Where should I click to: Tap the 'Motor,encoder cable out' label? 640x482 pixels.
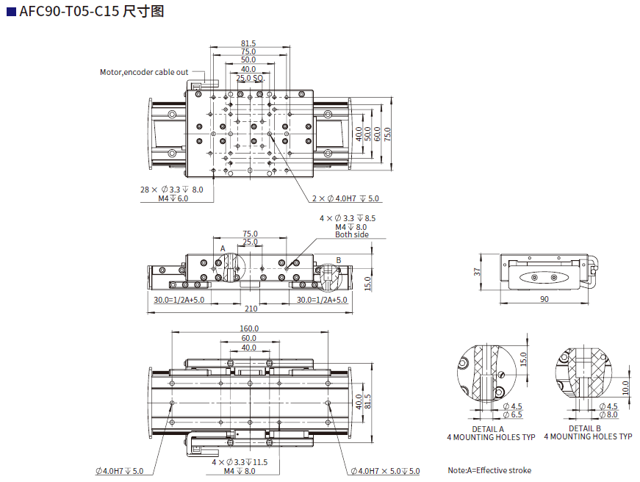click(x=144, y=72)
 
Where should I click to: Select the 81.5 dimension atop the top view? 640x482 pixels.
click(x=248, y=43)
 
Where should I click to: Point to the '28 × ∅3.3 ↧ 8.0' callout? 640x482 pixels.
click(x=172, y=190)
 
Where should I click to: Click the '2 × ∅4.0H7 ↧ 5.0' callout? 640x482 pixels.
click(x=345, y=198)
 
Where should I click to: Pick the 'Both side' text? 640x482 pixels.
click(x=352, y=235)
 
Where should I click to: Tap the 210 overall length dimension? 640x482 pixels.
click(x=251, y=309)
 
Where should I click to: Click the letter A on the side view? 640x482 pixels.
click(x=222, y=248)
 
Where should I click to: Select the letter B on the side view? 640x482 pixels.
click(x=339, y=259)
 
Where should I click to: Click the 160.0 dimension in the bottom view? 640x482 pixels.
click(x=248, y=328)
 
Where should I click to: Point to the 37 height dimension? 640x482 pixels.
click(x=477, y=272)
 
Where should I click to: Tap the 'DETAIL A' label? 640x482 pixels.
click(x=488, y=428)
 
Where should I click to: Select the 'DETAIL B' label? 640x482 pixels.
click(x=585, y=428)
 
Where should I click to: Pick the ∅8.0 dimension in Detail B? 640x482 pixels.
click(x=609, y=415)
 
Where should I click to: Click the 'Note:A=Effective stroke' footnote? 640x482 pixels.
click(x=489, y=470)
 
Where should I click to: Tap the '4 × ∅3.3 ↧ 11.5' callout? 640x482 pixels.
click(x=240, y=462)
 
